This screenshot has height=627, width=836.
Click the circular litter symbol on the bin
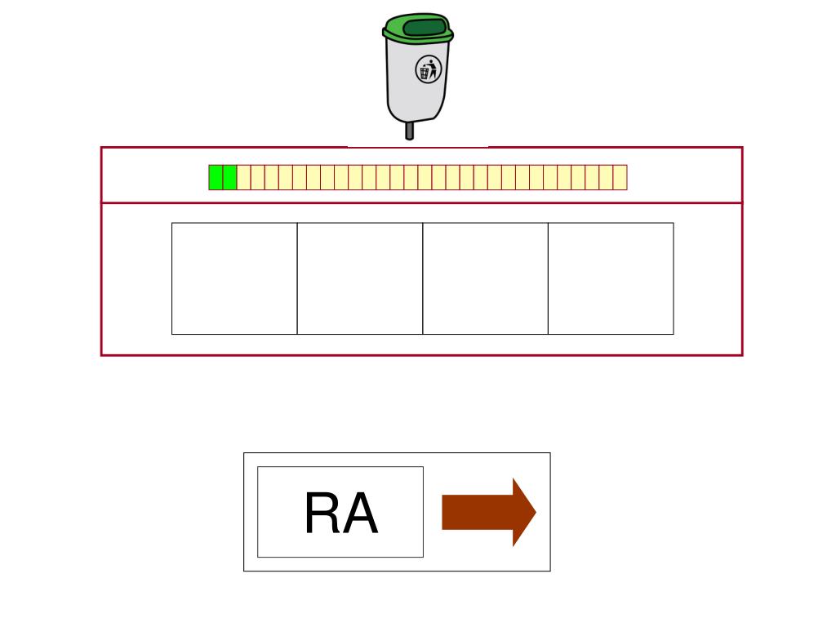(x=429, y=69)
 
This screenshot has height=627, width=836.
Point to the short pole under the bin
(x=410, y=131)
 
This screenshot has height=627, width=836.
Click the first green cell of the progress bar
(x=216, y=177)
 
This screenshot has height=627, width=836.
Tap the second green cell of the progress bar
(x=229, y=177)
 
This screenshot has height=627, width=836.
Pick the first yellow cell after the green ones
(x=243, y=177)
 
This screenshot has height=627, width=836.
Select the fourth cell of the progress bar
(x=257, y=177)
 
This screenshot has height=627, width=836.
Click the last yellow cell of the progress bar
(x=620, y=177)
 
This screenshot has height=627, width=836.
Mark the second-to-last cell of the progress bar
(x=606, y=177)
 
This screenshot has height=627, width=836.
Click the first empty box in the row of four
(x=234, y=278)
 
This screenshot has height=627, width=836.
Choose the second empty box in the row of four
(x=360, y=278)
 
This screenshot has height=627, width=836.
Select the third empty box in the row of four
(x=485, y=278)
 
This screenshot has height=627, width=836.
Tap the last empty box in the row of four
(x=611, y=278)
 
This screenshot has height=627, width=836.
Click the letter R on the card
(x=322, y=514)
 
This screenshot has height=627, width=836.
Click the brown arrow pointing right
(x=487, y=512)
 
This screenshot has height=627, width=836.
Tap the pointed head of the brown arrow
(x=522, y=512)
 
